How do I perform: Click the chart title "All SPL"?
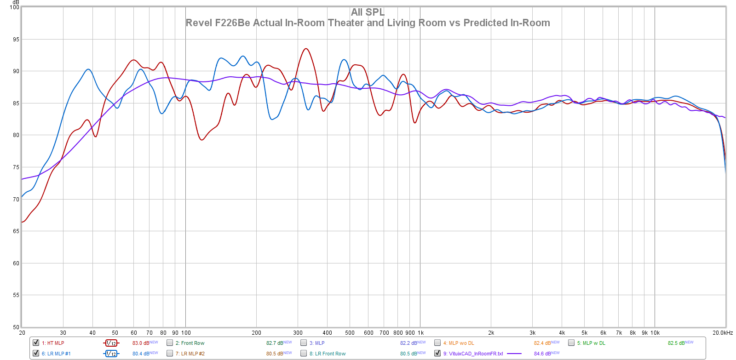(368, 12)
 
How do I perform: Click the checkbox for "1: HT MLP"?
(36, 343)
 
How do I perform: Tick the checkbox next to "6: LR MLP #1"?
(36, 353)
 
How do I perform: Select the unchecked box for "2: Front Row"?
(170, 343)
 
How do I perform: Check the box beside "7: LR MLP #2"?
(170, 353)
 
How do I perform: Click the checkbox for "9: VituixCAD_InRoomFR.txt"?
(437, 353)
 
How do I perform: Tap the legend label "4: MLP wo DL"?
(459, 343)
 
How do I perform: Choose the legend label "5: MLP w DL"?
(591, 343)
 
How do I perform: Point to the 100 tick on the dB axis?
(15, 7)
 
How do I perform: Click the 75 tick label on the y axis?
(16, 167)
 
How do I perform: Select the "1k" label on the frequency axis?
(420, 333)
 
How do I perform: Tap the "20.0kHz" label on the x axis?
(723, 333)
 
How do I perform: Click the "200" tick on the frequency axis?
(256, 333)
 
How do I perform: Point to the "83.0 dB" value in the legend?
(141, 343)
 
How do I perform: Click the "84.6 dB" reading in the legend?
(542, 354)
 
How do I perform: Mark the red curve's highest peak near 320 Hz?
(305, 49)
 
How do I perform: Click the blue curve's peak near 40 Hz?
(88, 69)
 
